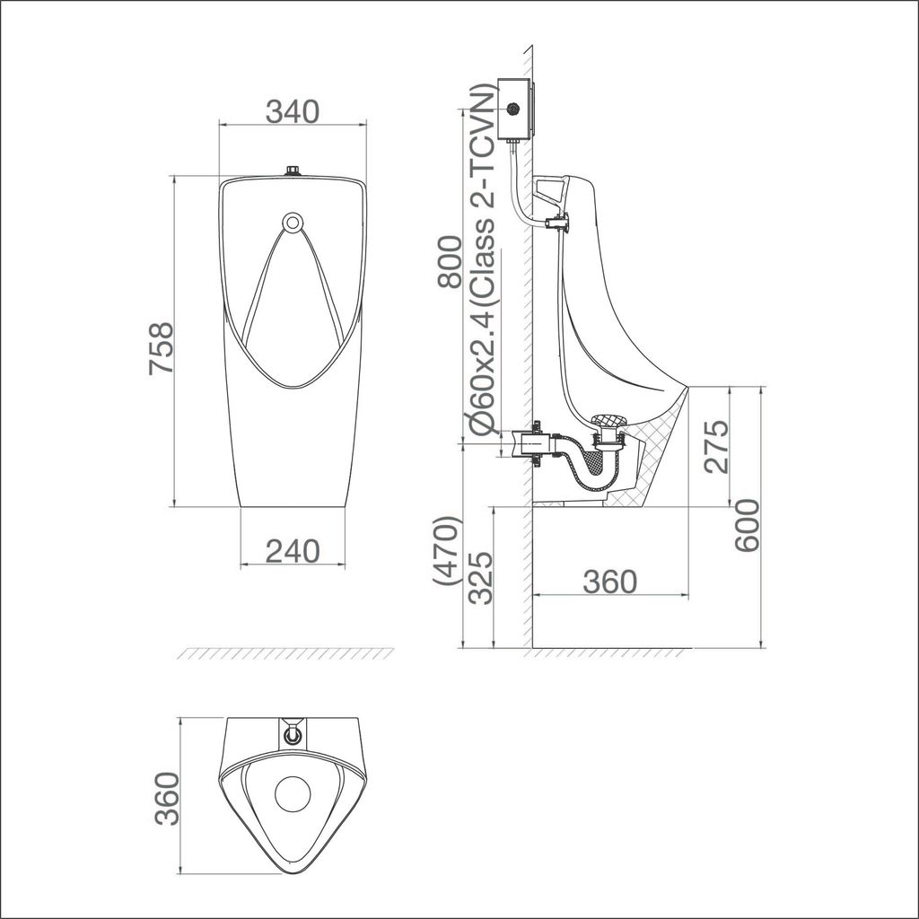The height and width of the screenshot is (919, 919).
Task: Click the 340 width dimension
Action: [x=293, y=111]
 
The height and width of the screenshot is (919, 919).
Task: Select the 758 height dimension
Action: [x=159, y=350]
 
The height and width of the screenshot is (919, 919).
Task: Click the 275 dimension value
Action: [x=716, y=445]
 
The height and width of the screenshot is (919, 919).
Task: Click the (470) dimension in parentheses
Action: [x=446, y=551]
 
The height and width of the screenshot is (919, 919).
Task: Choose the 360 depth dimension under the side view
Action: [x=610, y=581]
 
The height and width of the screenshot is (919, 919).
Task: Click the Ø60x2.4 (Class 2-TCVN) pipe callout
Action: [x=482, y=260]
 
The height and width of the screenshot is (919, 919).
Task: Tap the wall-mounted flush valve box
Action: [x=513, y=109]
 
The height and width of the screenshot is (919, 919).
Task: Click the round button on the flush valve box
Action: [x=513, y=109]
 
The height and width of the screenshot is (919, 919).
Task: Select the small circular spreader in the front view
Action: [x=293, y=222]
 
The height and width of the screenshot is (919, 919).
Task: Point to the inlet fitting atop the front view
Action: [x=293, y=170]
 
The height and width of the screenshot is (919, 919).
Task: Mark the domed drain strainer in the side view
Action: [x=608, y=421]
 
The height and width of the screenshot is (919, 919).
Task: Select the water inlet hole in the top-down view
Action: [x=293, y=734]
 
